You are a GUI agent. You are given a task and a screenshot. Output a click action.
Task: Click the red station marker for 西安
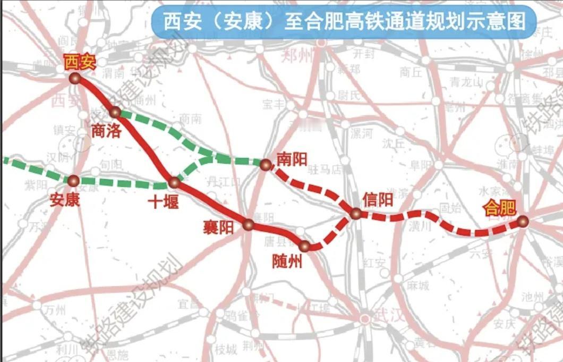pos(75,79)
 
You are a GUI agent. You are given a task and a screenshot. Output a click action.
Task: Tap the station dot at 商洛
pos(115,112)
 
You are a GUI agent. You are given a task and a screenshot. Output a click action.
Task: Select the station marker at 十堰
pos(174,182)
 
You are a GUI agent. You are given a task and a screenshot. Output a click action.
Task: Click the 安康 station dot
pos(73,180)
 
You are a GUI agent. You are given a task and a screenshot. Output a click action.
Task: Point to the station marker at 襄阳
pos(248,224)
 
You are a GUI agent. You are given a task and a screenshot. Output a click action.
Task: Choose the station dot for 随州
pos(304,246)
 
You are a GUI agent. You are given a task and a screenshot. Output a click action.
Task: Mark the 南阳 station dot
pos(265,164)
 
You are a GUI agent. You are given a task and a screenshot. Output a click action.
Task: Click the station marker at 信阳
pos(356,214)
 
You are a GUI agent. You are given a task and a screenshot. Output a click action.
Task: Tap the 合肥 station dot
pos(523,221)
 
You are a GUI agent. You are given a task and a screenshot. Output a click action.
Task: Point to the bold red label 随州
pos(287,261)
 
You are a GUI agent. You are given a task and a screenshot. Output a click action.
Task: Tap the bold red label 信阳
pos(378,199)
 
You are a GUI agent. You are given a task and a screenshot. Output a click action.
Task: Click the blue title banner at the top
pos(344,22)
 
